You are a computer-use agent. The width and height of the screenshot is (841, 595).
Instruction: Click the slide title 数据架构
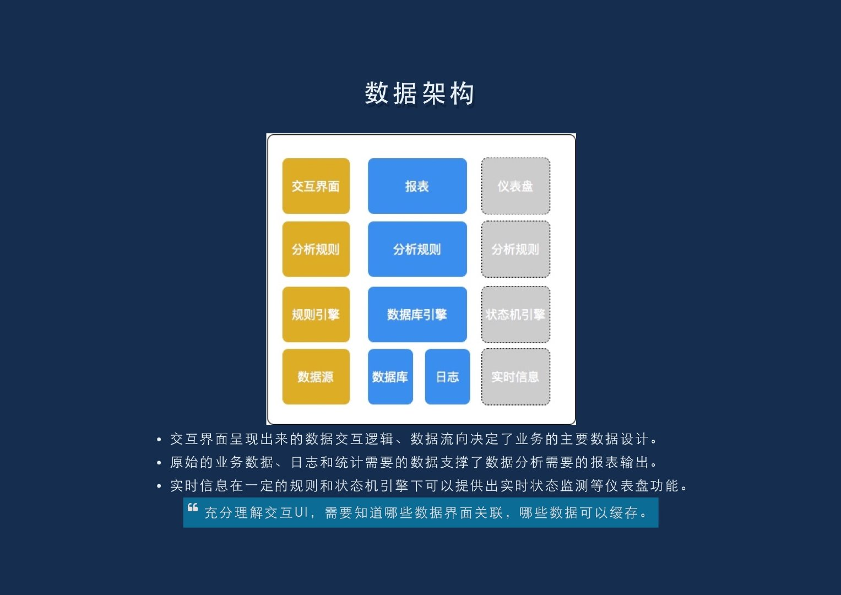point(420,93)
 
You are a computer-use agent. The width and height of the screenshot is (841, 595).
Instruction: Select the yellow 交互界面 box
point(316,186)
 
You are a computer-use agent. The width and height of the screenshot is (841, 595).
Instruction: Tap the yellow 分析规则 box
point(316,249)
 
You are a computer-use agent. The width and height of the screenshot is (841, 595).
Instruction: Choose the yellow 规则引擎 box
point(316,315)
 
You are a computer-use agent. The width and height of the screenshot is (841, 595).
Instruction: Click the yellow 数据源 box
point(316,377)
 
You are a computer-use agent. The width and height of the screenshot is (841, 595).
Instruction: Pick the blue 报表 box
point(417,186)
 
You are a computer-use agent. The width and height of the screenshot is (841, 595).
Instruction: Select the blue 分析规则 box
point(417,249)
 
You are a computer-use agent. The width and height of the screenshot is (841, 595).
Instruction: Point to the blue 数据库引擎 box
point(417,315)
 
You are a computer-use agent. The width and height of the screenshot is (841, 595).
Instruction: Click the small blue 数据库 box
point(390,377)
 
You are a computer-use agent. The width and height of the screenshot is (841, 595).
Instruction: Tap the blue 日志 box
point(447,377)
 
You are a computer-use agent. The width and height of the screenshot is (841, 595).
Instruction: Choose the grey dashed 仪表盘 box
point(516,186)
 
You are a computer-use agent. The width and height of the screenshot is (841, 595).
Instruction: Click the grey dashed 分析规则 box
point(516,249)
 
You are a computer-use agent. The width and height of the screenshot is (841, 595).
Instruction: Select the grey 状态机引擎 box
point(516,315)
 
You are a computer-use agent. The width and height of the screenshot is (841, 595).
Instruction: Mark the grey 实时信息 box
point(516,377)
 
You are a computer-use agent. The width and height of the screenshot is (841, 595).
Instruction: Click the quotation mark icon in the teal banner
point(193,507)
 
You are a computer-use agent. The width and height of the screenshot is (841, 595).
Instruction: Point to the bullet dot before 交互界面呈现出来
point(159,440)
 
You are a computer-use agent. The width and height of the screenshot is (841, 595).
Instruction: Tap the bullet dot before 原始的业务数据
point(159,463)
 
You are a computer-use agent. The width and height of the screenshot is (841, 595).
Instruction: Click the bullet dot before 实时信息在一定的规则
point(159,486)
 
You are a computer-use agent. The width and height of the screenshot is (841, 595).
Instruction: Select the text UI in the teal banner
point(301,513)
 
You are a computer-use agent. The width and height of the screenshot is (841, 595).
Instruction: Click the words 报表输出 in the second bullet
point(620,462)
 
